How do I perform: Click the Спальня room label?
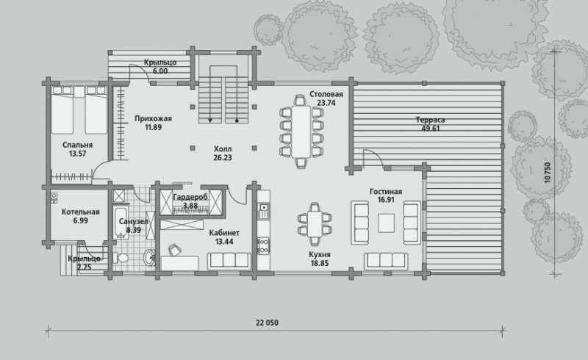pos(78,145)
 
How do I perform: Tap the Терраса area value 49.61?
pos(430,129)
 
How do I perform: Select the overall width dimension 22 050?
pos(267,323)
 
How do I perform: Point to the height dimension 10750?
pos(548,173)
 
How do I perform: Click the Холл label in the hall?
pos(223,149)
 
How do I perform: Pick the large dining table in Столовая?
pos(301,132)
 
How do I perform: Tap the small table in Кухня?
pos(315,224)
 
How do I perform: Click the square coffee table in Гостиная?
pos(386,223)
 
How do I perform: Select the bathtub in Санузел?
pos(121,223)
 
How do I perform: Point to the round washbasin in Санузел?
pos(149,257)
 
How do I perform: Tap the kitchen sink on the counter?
pos(264,207)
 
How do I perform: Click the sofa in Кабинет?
pos(229,261)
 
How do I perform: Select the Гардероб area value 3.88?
pos(190,206)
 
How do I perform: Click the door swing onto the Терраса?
pos(373,157)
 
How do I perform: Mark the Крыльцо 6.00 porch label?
pos(160,67)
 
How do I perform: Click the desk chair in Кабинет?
pos(173,249)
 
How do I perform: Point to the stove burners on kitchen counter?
pos(263,245)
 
